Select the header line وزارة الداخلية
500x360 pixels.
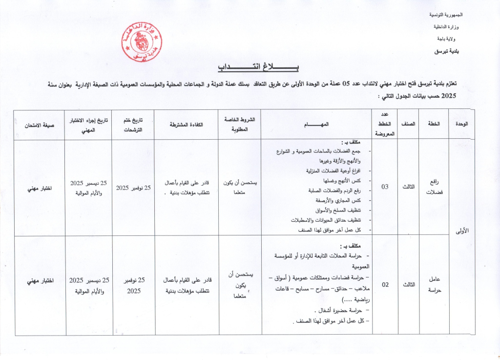pos(456,27)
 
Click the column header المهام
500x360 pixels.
pos(317,125)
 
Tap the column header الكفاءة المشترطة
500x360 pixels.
pos(186,125)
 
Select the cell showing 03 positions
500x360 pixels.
pos(385,187)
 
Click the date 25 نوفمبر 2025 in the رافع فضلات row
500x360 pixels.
pos(133,187)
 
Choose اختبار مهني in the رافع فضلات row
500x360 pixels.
pos(39,187)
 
